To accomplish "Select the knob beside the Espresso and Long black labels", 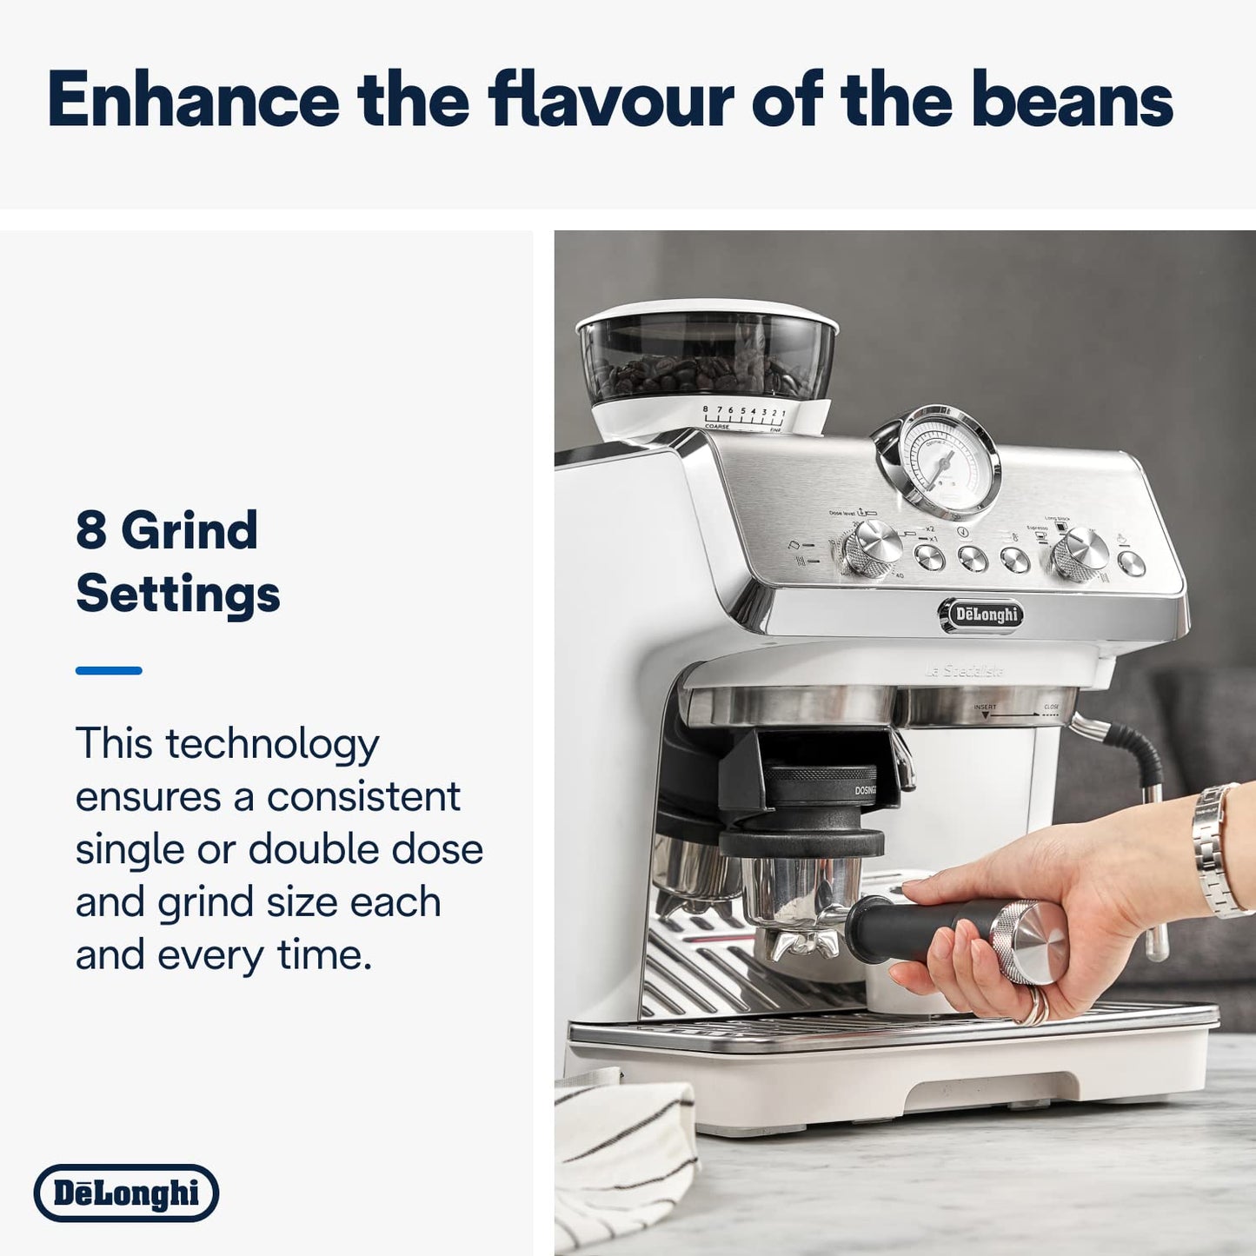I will coord(1080,553).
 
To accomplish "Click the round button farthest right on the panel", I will coord(1131,564).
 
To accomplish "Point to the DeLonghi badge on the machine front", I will coord(980,615).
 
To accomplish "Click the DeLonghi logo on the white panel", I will coord(127,1193).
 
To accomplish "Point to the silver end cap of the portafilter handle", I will coord(1034,943).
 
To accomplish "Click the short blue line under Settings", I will coord(109,670).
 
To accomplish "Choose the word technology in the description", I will coord(272,745).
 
